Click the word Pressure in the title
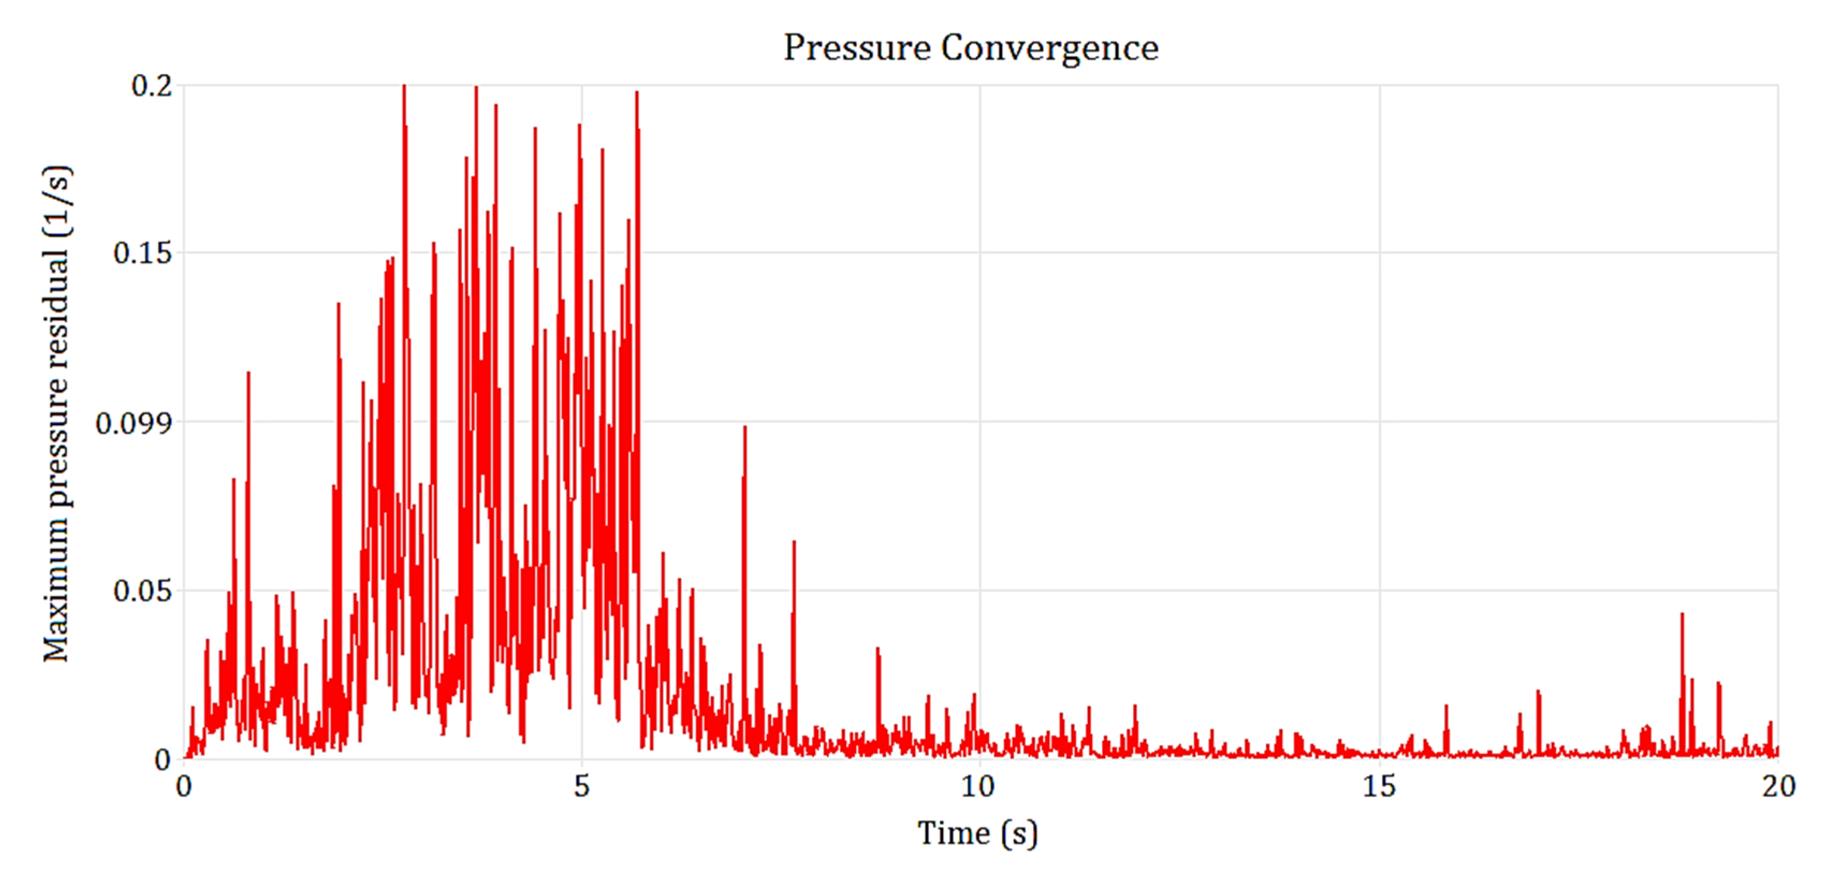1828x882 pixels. coord(857,48)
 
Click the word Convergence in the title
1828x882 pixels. coord(1050,48)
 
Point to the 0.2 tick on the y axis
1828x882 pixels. coord(152,86)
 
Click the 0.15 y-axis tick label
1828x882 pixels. coord(143,253)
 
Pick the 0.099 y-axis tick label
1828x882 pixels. coord(134,423)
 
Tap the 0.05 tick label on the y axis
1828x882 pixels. coord(143,591)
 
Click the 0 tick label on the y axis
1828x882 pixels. coord(163,760)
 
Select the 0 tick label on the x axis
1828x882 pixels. coord(184,786)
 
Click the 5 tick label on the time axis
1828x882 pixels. coord(582,786)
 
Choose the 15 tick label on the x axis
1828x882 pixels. coord(1379,786)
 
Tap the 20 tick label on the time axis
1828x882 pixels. coord(1778,786)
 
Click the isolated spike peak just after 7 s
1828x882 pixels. coord(744,427)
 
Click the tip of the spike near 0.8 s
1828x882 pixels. coord(248,373)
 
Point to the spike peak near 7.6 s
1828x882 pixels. coord(794,542)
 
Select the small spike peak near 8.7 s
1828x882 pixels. coord(878,648)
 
